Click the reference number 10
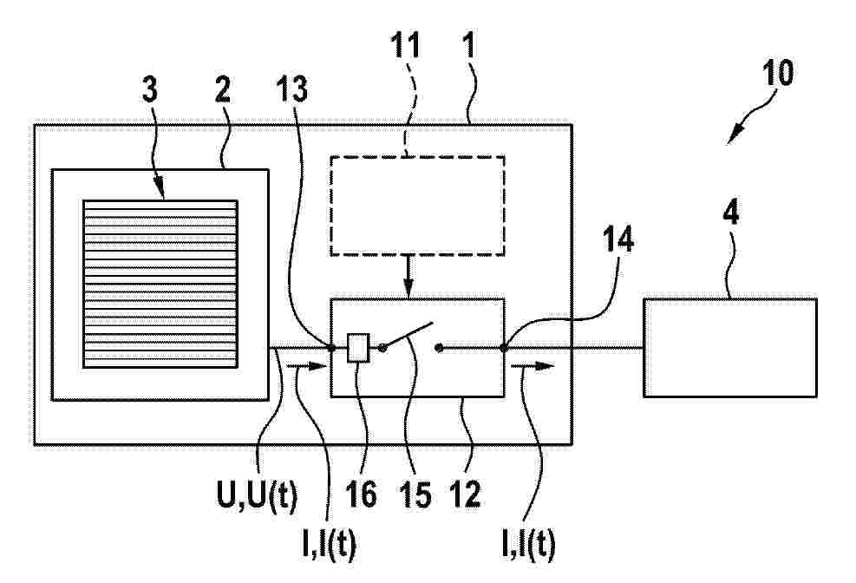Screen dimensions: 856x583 (x=777, y=73)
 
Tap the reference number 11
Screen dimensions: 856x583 (x=406, y=45)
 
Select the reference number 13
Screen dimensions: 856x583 (x=292, y=89)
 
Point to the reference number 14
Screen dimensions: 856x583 (x=618, y=239)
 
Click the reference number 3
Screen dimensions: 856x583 (x=149, y=89)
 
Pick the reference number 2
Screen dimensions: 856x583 (x=223, y=89)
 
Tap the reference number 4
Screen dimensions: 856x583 (x=730, y=213)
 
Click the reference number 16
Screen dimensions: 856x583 (x=361, y=495)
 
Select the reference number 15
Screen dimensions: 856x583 (x=416, y=495)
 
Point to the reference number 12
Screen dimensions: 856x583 (x=465, y=495)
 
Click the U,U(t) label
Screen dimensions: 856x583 (x=257, y=496)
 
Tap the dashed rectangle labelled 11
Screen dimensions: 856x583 (x=417, y=206)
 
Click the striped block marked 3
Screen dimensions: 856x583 (x=160, y=284)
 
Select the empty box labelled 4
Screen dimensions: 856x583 (x=730, y=348)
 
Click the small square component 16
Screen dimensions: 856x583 (x=359, y=347)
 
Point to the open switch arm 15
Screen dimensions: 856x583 (x=408, y=335)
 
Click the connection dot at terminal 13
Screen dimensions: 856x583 (x=330, y=347)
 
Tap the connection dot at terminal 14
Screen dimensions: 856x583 (x=503, y=347)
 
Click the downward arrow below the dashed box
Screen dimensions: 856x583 (x=408, y=277)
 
